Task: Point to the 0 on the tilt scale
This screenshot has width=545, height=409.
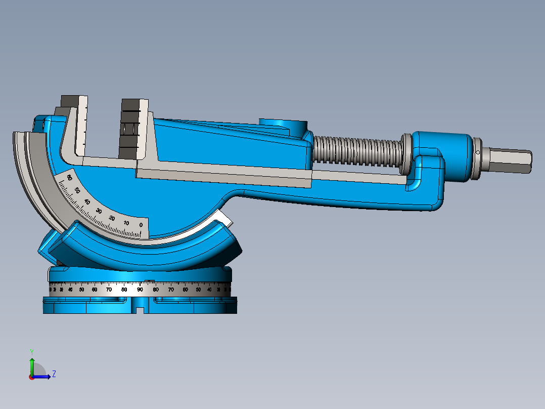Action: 141,225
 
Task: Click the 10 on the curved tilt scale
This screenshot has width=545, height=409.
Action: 126,223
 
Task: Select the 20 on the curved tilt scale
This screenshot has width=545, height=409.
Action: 112,218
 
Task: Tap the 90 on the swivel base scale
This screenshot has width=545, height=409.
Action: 140,290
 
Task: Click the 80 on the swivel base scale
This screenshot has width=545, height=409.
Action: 124,290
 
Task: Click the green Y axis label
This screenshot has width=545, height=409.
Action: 31,351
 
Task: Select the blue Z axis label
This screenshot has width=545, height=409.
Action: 54,374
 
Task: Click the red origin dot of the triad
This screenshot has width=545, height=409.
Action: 31,377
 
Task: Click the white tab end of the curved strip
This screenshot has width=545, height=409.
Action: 224,219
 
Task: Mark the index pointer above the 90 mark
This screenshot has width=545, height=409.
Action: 149,281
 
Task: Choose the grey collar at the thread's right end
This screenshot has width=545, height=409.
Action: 406,153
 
